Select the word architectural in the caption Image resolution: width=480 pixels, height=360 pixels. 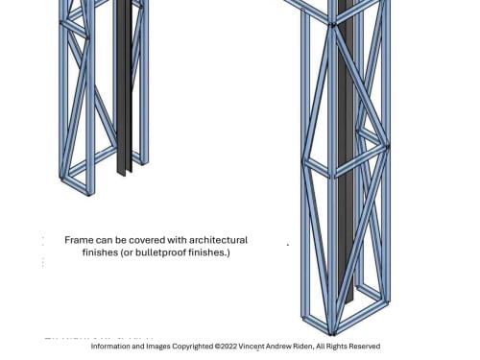pyautogui.click(x=218, y=240)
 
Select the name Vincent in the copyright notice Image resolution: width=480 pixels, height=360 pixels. pyautogui.click(x=252, y=347)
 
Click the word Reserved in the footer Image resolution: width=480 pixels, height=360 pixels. pyautogui.click(x=365, y=347)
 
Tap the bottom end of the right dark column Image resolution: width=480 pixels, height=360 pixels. pyautogui.click(x=348, y=301)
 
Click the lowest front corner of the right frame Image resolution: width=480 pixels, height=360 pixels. pyautogui.click(x=332, y=335)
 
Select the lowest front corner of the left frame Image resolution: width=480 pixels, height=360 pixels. pyautogui.click(x=89, y=194)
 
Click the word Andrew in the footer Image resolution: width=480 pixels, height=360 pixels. pyautogui.click(x=279, y=347)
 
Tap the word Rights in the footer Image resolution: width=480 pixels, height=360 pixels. pyautogui.click(x=337, y=347)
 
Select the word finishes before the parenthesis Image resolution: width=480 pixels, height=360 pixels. pyautogui.click(x=100, y=252)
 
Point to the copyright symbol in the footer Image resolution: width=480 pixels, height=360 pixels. pyautogui.click(x=217, y=347)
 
